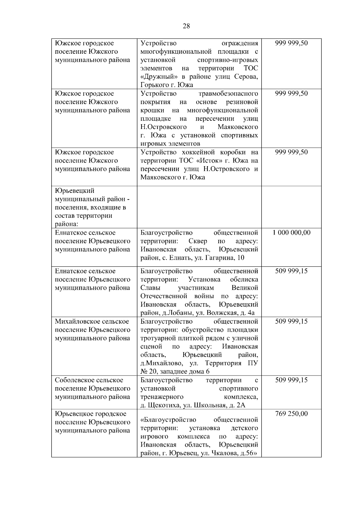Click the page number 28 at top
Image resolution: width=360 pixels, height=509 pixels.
click(186, 26)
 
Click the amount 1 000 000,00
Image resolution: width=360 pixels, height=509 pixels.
click(291, 232)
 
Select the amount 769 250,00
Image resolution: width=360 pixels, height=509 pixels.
click(291, 414)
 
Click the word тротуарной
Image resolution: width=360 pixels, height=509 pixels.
click(157, 338)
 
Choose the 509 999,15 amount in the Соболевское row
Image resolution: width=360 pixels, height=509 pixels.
click(291, 380)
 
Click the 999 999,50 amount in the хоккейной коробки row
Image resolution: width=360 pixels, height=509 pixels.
click(291, 152)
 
